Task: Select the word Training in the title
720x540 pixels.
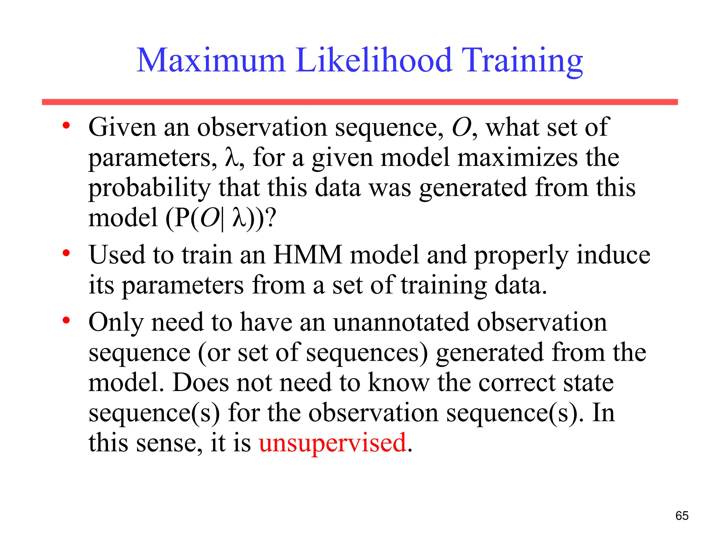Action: click(522, 62)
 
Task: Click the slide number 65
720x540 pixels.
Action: click(682, 516)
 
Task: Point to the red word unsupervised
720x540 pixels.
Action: click(333, 443)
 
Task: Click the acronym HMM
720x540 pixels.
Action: click(308, 255)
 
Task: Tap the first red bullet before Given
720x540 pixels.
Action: click(66, 126)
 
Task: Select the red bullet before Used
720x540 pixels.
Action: click(66, 253)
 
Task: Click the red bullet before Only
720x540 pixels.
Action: click(66, 320)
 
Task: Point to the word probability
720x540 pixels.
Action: click(149, 188)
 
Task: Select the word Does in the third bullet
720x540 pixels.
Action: click(200, 382)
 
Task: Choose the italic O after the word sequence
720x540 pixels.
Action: click(461, 127)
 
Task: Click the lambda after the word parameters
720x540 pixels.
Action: click(230, 157)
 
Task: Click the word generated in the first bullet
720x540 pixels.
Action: click(473, 188)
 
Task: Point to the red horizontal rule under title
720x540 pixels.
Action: click(360, 102)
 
